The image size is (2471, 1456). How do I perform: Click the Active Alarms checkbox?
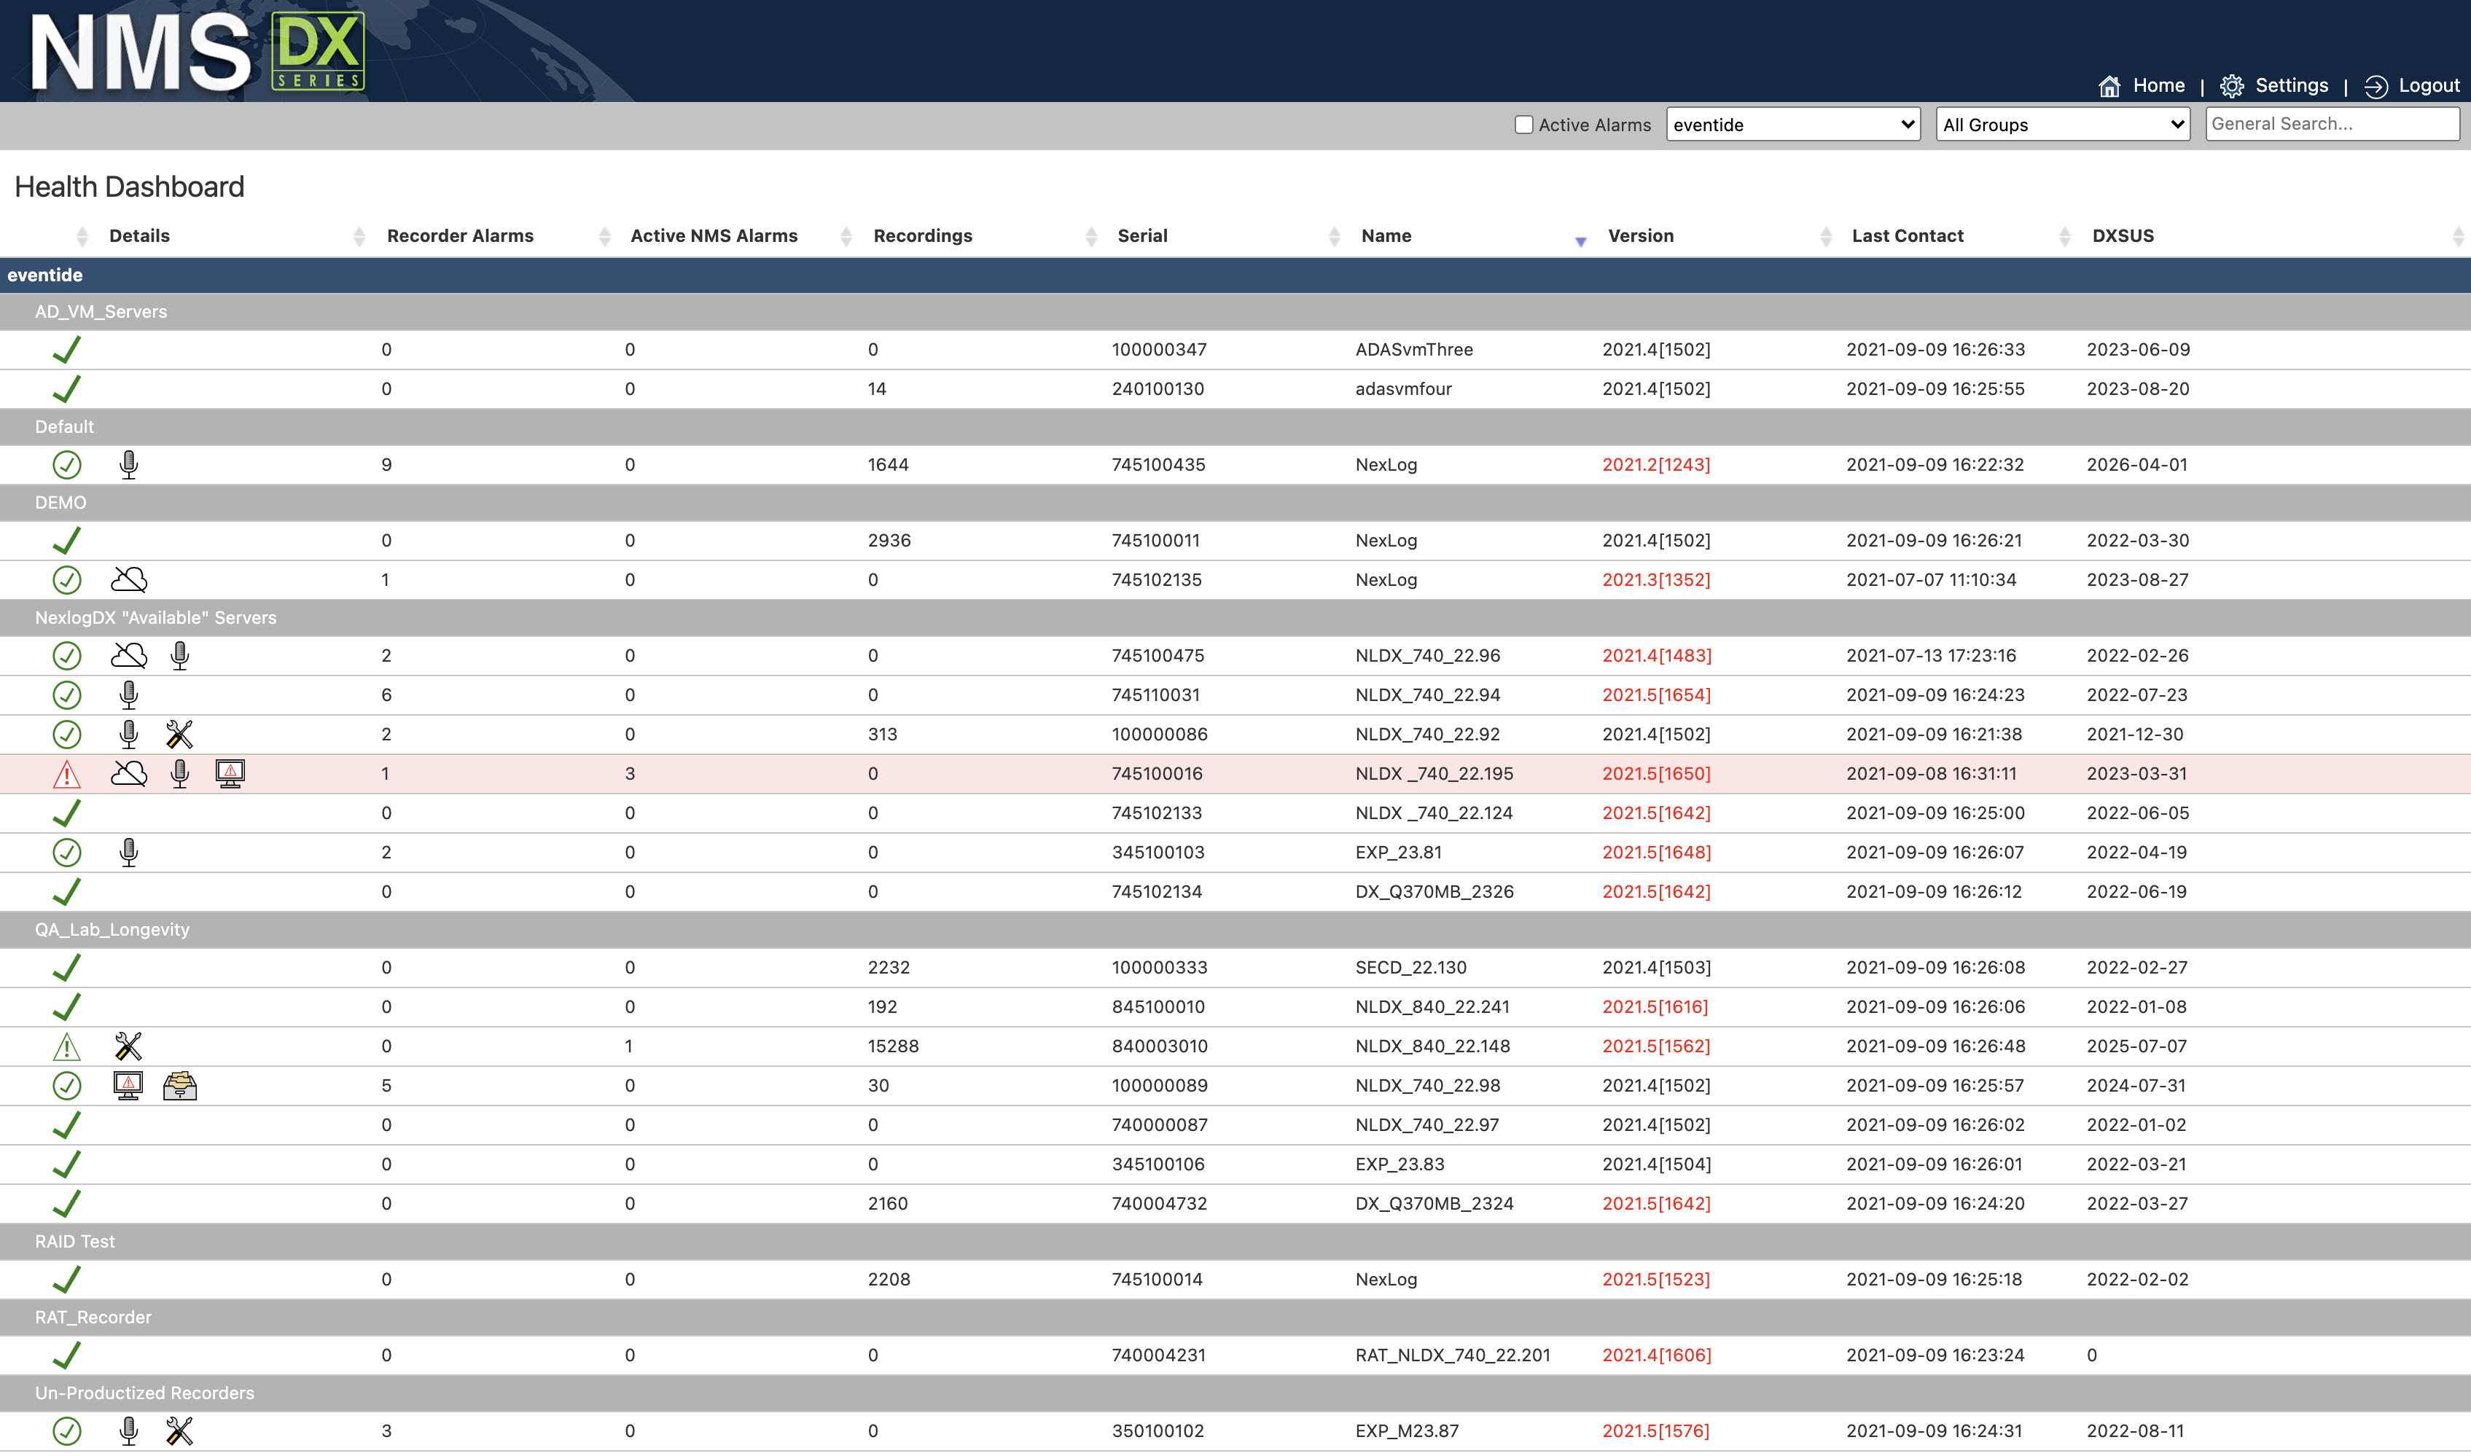click(x=1523, y=125)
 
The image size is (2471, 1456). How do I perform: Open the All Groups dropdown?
click(x=2062, y=125)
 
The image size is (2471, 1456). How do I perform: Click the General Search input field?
click(x=2330, y=124)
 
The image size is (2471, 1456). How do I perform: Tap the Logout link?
click(x=2428, y=85)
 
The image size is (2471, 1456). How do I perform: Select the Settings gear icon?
click(x=2232, y=86)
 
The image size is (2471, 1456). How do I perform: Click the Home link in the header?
click(x=2158, y=85)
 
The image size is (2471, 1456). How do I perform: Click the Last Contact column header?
click(x=1907, y=235)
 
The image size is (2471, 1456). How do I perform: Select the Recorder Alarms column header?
click(x=460, y=235)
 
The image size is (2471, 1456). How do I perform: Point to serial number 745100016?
click(x=1157, y=773)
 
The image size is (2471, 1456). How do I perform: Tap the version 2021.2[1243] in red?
click(x=1655, y=464)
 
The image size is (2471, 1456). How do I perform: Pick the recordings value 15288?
click(x=893, y=1046)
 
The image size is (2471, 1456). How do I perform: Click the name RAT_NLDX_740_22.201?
click(x=1453, y=1355)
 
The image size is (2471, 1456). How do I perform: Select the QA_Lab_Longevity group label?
click(x=112, y=929)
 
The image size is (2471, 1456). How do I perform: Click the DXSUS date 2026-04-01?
click(x=2136, y=464)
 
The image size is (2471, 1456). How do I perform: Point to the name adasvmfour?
click(x=1403, y=388)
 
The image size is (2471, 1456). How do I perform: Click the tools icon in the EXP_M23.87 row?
click(x=179, y=1430)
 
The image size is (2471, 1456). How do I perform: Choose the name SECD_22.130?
click(x=1410, y=968)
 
